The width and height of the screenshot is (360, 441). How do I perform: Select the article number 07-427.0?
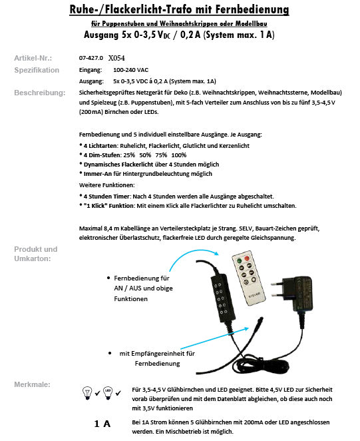[x=91, y=58]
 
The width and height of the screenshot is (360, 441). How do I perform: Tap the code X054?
[x=116, y=58]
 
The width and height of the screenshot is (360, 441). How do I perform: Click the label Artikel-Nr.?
[x=33, y=58]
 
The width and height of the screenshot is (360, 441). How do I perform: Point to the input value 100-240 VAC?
[x=130, y=70]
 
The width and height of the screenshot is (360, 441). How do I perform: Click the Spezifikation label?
[x=37, y=70]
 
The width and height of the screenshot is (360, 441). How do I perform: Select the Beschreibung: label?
[x=40, y=93]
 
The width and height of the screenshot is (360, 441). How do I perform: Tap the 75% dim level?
[x=161, y=155]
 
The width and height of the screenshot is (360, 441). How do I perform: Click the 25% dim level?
[x=128, y=155]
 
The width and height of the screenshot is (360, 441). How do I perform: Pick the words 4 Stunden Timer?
[x=107, y=197]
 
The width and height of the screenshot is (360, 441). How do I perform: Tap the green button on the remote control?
[x=239, y=260]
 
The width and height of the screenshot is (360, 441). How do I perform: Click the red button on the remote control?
[x=247, y=258]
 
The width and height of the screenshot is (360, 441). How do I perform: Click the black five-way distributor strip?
[x=222, y=298]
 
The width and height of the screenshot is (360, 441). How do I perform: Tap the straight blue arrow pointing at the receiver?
[x=215, y=338]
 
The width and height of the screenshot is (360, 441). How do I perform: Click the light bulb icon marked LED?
[x=108, y=392]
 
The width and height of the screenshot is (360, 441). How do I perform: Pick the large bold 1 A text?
[x=102, y=424]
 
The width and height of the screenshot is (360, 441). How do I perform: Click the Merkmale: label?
[x=32, y=384]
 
